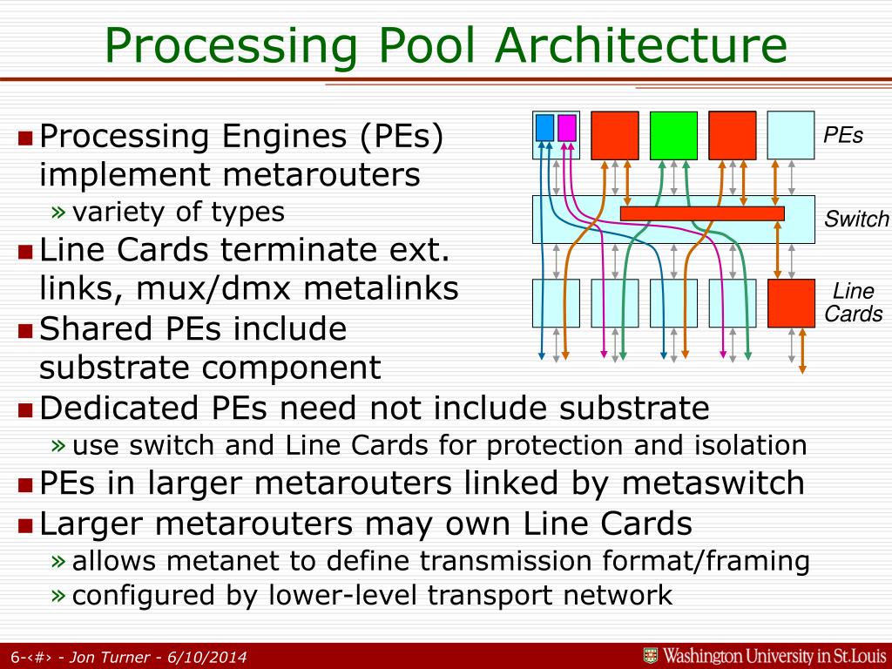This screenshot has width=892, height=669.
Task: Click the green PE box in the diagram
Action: click(673, 135)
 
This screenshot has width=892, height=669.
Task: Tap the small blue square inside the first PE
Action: click(544, 128)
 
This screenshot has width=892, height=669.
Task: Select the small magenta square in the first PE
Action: click(567, 128)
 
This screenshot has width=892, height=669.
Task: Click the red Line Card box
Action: click(791, 303)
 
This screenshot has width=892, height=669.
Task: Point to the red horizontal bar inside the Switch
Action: click(703, 214)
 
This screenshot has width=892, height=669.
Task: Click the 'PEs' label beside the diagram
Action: click(843, 135)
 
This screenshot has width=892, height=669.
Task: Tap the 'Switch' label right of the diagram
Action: click(856, 219)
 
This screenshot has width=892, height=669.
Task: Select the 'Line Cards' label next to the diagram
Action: click(854, 302)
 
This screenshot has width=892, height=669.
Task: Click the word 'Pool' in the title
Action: click(426, 45)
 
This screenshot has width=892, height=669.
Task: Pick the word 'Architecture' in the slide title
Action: click(641, 45)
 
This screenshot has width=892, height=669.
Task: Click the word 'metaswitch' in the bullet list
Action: click(713, 483)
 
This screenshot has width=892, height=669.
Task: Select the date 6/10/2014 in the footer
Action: click(207, 657)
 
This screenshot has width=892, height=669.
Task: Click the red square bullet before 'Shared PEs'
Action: click(25, 330)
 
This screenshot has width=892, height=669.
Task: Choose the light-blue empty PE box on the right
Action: click(791, 135)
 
